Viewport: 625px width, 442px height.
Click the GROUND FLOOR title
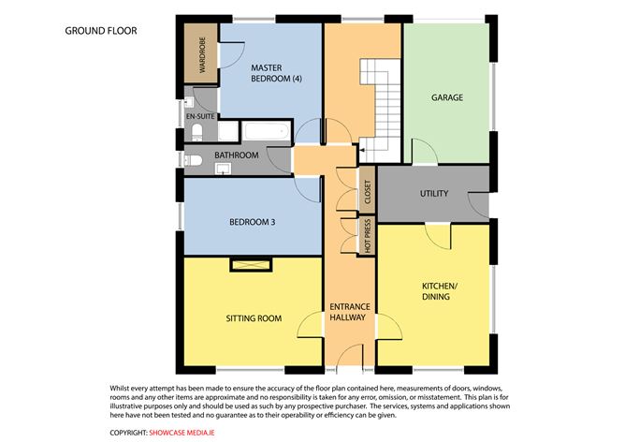tap(101, 31)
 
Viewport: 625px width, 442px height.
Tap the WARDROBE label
tap(202, 55)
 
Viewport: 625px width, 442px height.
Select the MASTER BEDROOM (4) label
tap(276, 73)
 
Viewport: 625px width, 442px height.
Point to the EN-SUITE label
tap(200, 116)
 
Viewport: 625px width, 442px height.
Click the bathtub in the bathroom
tap(266, 131)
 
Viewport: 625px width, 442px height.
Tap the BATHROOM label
tap(237, 155)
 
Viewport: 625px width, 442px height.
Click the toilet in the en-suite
tap(197, 132)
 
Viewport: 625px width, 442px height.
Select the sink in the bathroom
tap(223, 169)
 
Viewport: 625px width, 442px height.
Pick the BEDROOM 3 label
tap(253, 222)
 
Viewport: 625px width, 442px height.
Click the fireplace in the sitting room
tap(251, 265)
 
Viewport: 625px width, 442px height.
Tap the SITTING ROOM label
tap(254, 318)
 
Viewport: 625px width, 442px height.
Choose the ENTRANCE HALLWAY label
tap(350, 312)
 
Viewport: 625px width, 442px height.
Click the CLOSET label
tap(368, 192)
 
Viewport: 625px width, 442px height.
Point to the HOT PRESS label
tap(368, 235)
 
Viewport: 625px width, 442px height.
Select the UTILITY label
tap(434, 194)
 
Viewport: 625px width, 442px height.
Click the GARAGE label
tap(447, 97)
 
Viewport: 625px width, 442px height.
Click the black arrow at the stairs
tap(362, 150)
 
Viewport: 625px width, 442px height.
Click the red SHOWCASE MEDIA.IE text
tap(182, 433)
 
